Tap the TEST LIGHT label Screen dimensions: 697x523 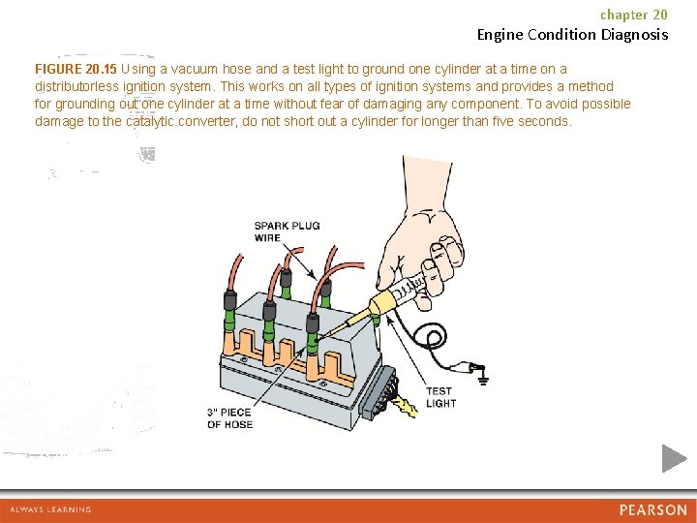(x=440, y=397)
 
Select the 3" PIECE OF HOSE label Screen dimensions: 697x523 (x=229, y=417)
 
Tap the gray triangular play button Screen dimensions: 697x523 (x=674, y=458)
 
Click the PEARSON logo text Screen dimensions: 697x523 (x=653, y=509)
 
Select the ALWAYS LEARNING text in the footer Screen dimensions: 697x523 (x=50, y=509)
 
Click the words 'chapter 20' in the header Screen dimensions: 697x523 (x=634, y=15)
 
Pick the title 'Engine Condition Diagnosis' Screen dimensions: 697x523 (x=572, y=35)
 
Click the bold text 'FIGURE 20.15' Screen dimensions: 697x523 (x=76, y=69)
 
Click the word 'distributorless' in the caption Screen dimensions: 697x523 (x=81, y=86)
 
